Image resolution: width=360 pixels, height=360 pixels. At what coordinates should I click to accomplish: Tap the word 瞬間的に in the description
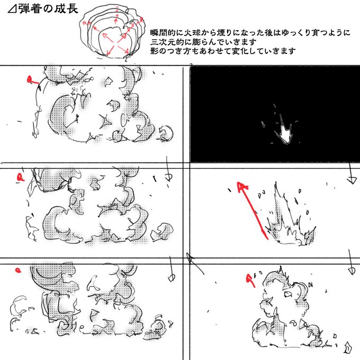(x=167, y=33)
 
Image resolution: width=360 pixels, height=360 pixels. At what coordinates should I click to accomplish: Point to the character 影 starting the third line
(x=154, y=51)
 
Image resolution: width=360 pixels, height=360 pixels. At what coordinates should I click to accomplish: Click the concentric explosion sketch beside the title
(x=112, y=33)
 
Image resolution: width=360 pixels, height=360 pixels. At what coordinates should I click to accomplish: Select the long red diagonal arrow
(x=253, y=211)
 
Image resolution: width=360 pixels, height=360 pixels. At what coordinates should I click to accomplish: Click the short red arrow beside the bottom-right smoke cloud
(x=251, y=280)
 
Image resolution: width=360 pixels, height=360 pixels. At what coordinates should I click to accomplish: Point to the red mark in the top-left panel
(x=32, y=80)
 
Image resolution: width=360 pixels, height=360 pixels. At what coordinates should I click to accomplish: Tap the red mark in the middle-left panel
(x=21, y=177)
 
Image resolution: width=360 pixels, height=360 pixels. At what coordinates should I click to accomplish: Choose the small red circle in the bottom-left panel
(x=18, y=271)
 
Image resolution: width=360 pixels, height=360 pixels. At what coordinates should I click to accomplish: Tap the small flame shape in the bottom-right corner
(x=348, y=347)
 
